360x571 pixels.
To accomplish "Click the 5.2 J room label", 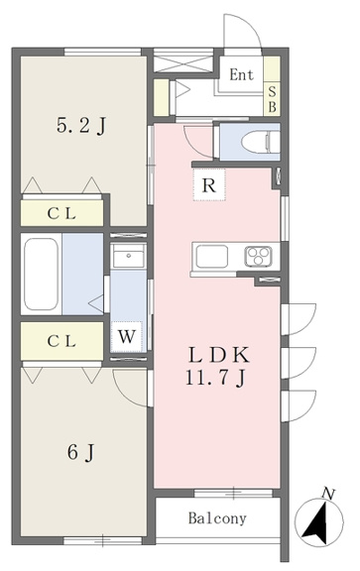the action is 81,127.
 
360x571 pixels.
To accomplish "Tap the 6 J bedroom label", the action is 81,453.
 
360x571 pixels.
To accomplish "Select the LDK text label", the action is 218,355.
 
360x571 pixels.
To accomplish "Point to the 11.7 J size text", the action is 214,378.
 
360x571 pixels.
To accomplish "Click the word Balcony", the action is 217,517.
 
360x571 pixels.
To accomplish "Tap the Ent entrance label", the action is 242,74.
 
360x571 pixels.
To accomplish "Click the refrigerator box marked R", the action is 209,184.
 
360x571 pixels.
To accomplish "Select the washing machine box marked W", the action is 127,337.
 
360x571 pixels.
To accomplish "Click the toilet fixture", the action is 261,142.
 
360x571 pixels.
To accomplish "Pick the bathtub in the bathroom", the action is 42,274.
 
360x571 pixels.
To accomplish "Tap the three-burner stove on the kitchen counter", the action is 258,256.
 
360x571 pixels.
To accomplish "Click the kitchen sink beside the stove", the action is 212,257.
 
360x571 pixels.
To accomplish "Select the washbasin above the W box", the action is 128,256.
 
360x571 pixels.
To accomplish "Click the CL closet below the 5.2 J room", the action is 61,213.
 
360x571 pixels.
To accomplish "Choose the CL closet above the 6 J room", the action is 61,341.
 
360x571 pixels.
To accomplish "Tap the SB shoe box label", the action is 272,99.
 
